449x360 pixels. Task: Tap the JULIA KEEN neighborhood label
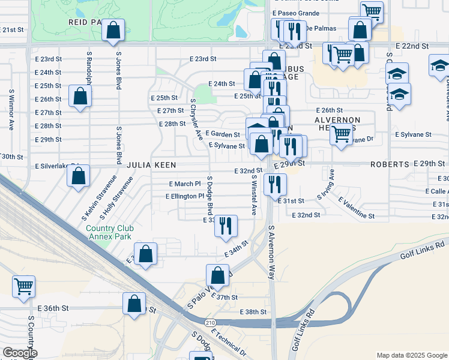pyautogui.click(x=146, y=164)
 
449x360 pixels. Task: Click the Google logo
pyautogui.click(x=19, y=353)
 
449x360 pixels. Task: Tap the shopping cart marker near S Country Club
pyautogui.click(x=24, y=286)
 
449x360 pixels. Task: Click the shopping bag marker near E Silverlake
pyautogui.click(x=78, y=176)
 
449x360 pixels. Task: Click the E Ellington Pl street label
pyautogui.click(x=184, y=196)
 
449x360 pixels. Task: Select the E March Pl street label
pyautogui.click(x=185, y=184)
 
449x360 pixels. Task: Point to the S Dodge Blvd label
pyautogui.click(x=210, y=195)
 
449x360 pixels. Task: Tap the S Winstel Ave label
pyautogui.click(x=255, y=196)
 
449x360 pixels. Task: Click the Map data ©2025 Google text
pyautogui.click(x=411, y=355)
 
